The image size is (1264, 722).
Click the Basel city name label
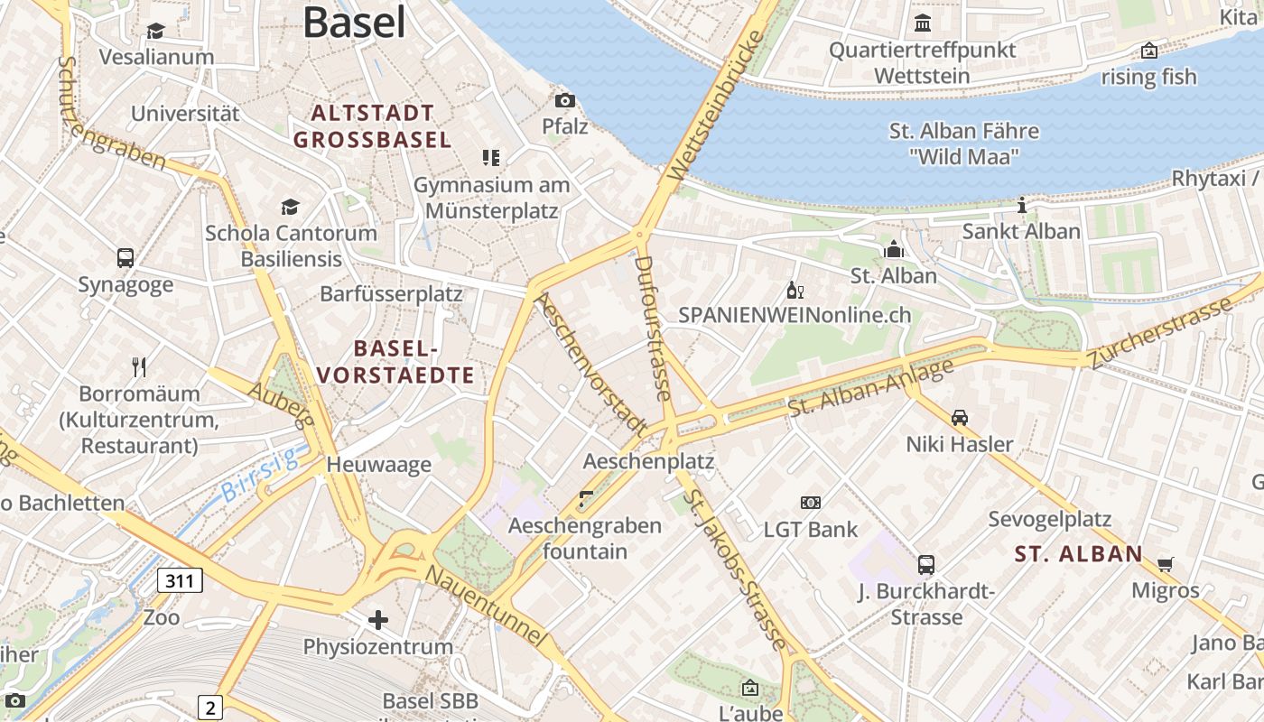[354, 22]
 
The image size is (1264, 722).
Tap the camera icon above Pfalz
[565, 100]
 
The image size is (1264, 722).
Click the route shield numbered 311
[180, 580]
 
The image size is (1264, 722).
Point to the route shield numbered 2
[209, 707]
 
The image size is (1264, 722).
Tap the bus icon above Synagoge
[125, 258]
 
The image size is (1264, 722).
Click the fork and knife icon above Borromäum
[139, 366]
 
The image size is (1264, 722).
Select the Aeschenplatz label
[648, 461]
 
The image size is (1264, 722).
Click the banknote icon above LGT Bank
[811, 503]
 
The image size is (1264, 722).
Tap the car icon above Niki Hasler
[960, 417]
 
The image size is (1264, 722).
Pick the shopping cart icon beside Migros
[1166, 564]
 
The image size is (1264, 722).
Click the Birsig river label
[261, 477]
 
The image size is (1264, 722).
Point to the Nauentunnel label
[486, 606]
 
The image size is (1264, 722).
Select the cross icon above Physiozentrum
[378, 620]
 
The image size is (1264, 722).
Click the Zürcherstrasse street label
[1161, 331]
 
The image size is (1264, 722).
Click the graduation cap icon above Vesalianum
[156, 31]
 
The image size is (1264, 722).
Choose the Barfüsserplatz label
[391, 294]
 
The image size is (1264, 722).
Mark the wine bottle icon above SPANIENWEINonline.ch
[795, 290]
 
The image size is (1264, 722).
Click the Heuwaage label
[378, 465]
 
